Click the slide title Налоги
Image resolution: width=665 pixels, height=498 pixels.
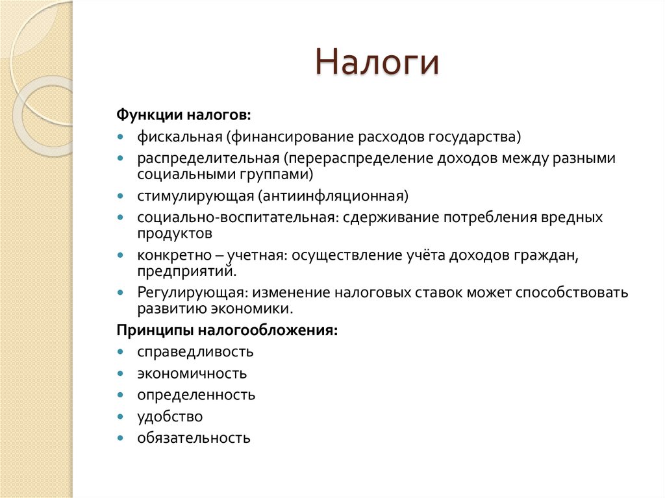pyautogui.click(x=377, y=64)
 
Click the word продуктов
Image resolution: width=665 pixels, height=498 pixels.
pyautogui.click(x=174, y=232)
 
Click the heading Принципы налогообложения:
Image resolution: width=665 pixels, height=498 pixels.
pyautogui.click(x=227, y=330)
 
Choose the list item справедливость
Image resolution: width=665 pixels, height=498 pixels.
pyautogui.click(x=195, y=352)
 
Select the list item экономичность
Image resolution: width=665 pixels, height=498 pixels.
pyautogui.click(x=192, y=373)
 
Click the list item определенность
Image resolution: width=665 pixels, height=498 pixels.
pyautogui.click(x=195, y=395)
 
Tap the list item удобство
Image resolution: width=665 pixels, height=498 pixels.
pyautogui.click(x=169, y=416)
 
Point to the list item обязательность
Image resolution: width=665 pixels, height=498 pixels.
pyautogui.click(x=193, y=438)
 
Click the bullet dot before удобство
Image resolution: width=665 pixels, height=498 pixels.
pyautogui.click(x=121, y=416)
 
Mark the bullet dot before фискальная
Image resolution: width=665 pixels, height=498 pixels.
pyautogui.click(x=121, y=137)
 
